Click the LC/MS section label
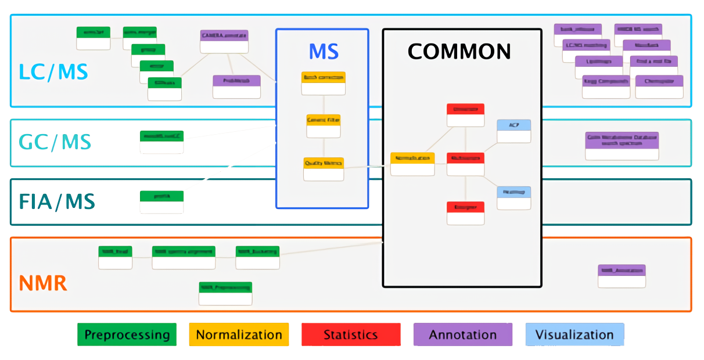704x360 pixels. pyautogui.click(x=53, y=71)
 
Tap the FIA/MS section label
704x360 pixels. pyautogui.click(x=56, y=202)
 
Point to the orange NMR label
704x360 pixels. pyautogui.click(x=43, y=284)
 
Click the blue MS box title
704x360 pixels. pyautogui.click(x=324, y=52)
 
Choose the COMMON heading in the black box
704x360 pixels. pyautogui.click(x=459, y=52)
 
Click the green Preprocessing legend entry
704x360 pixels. pyautogui.click(x=127, y=335)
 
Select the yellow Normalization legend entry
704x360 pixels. pyautogui.click(x=239, y=335)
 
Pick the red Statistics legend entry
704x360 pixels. pyautogui.click(x=351, y=335)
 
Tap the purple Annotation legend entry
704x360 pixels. pyautogui.click(x=463, y=335)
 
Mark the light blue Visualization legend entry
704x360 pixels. pyautogui.click(x=574, y=335)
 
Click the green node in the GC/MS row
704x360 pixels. pyautogui.click(x=161, y=142)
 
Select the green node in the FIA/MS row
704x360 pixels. pyautogui.click(x=161, y=202)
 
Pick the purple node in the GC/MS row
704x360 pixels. pyautogui.click(x=622, y=146)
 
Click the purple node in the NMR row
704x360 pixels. pyautogui.click(x=622, y=276)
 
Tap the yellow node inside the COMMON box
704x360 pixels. pyautogui.click(x=412, y=164)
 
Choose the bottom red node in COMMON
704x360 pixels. pyautogui.click(x=465, y=213)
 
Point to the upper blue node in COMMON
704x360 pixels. pyautogui.click(x=513, y=131)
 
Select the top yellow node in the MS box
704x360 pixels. pyautogui.click(x=323, y=83)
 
